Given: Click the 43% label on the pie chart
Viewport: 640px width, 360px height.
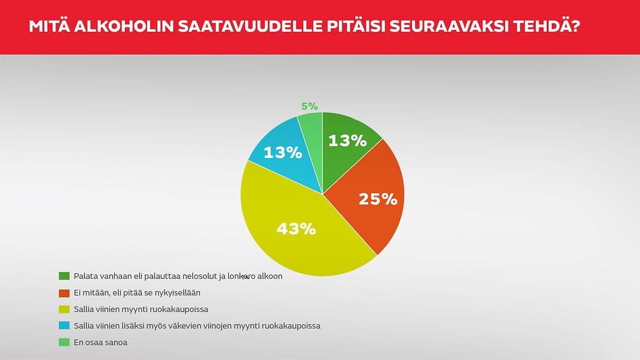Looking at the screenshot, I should point(296,229).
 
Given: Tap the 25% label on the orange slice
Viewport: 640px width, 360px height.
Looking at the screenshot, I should point(377,199).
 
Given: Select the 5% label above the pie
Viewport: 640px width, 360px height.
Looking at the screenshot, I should point(309,106).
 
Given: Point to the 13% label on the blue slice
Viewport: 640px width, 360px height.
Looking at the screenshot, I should point(283,152).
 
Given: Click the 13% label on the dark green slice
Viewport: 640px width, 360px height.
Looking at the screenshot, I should point(347,141).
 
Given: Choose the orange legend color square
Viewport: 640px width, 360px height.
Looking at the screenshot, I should point(64,292).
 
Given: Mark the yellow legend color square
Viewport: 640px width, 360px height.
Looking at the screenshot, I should point(64,309).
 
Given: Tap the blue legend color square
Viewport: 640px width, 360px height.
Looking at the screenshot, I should point(64,326).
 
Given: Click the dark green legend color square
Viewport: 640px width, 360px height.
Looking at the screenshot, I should point(64,276).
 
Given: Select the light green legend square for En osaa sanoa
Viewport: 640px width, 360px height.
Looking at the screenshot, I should point(64,342).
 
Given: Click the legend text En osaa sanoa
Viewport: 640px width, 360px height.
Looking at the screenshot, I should point(101,342).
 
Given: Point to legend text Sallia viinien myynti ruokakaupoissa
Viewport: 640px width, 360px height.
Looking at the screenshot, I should point(141,309).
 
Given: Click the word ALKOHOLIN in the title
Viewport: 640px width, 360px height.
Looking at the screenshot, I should point(123,27).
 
